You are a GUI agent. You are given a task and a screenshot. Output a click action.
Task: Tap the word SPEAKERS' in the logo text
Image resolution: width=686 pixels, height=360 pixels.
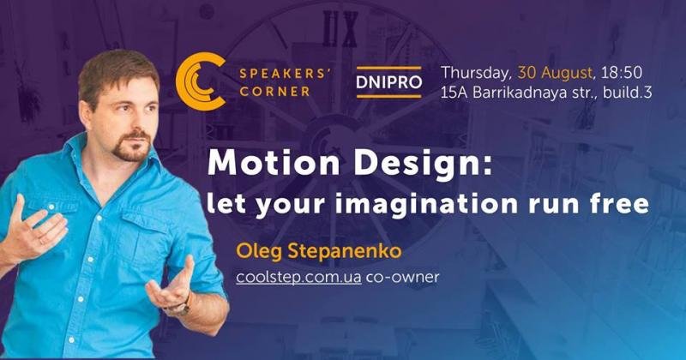coord(284,73)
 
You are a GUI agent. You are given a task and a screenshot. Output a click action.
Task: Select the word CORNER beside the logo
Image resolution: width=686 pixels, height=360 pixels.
coord(274,92)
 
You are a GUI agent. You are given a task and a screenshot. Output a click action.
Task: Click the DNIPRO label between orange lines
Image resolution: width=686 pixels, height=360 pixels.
coord(389,82)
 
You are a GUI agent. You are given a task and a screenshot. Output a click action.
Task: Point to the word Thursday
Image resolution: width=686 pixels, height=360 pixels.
coord(477,74)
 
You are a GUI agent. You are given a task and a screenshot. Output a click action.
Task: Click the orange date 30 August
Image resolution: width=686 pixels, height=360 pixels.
coord(555,73)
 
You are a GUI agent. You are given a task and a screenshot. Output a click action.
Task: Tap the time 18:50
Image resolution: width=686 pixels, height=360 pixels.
coord(621,73)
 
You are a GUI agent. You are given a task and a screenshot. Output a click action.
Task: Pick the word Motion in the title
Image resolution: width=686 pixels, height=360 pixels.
coord(274,163)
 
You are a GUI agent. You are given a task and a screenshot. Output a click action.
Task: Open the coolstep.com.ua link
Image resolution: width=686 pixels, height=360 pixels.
coord(298,278)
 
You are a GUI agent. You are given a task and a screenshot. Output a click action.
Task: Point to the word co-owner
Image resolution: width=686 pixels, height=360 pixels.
coord(402,278)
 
